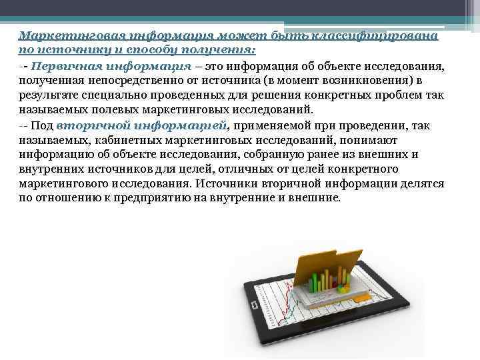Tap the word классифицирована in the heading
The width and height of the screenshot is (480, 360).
click(x=387, y=36)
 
